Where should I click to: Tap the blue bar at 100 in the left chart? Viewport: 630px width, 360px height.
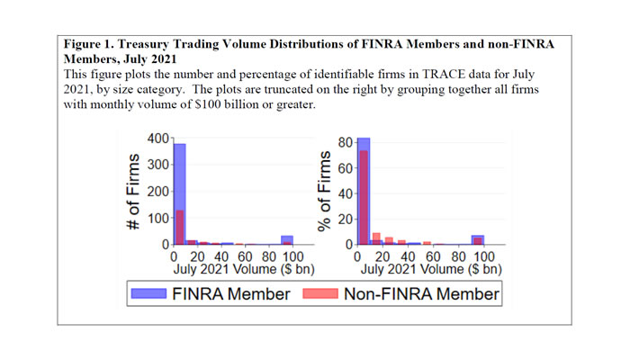286,239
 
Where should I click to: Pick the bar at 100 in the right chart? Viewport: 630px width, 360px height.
477,239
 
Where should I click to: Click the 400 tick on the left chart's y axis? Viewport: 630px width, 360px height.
157,139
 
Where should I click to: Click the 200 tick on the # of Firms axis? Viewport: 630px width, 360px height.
157,192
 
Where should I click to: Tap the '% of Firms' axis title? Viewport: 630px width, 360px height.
319,192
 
